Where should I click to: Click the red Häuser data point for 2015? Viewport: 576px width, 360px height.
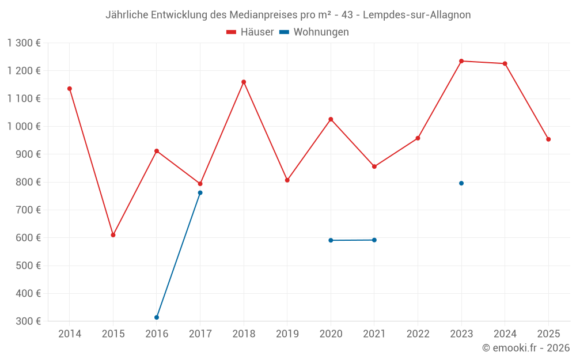[113, 235]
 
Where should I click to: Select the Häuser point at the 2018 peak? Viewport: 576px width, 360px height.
[244, 82]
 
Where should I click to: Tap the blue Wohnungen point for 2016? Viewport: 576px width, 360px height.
[157, 317]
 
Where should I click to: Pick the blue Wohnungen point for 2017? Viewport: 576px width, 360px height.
[200, 192]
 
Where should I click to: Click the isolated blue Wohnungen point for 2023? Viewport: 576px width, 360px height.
[461, 183]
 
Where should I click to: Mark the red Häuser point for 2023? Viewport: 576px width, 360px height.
[461, 61]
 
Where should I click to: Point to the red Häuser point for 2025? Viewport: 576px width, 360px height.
[548, 139]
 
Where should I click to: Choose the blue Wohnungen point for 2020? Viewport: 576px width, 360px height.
[331, 240]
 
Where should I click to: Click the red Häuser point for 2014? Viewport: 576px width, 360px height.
[70, 89]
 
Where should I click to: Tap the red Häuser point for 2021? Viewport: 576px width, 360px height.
[374, 166]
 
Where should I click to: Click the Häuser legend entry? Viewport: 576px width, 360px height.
[250, 32]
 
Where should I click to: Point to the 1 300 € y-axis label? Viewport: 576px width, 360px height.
[24, 43]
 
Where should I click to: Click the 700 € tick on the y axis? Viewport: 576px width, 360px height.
[29, 210]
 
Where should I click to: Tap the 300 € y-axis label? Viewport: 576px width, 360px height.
[29, 321]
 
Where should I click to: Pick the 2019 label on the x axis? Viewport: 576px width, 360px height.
[287, 334]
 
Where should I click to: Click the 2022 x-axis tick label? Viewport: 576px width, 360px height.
[418, 334]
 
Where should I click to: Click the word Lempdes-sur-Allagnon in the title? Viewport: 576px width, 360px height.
[416, 15]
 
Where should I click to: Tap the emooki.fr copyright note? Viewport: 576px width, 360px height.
[526, 348]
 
